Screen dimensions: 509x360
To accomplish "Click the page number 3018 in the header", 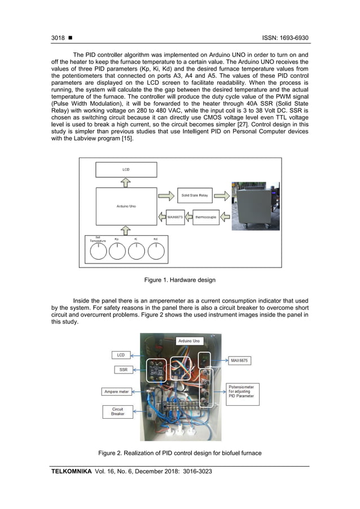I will click(x=58, y=38).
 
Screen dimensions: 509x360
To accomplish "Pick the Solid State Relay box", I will click(x=194, y=196).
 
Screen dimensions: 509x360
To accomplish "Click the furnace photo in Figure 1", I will click(x=257, y=206).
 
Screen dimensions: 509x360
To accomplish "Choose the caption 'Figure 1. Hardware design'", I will click(x=179, y=280).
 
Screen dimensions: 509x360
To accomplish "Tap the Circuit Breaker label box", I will click(x=118, y=412).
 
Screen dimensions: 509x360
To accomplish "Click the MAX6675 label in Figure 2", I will click(x=242, y=359).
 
